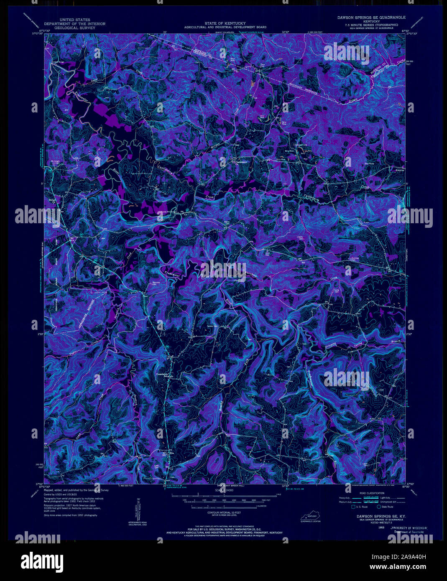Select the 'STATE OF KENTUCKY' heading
[225, 23]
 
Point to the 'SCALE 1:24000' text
[225, 490]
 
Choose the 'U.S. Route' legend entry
[361, 507]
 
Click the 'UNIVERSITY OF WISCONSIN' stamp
[410, 528]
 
